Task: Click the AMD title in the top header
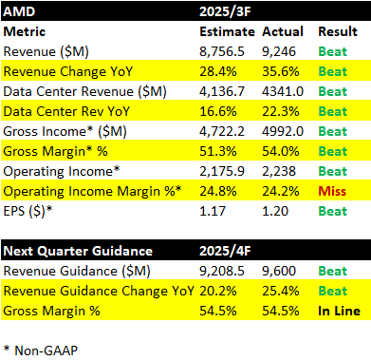click(x=19, y=11)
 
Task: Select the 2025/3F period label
click(x=225, y=11)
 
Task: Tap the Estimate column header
click(x=227, y=31)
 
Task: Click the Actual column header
click(x=283, y=31)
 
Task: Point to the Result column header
click(x=338, y=31)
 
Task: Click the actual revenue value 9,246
click(x=279, y=52)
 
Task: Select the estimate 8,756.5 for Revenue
click(x=222, y=52)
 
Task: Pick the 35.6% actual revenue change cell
click(x=281, y=71)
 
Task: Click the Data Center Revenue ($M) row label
click(x=84, y=92)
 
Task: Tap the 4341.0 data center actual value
click(x=283, y=92)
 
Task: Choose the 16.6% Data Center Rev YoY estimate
click(x=218, y=111)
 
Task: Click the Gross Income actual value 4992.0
click(x=283, y=131)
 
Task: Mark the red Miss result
click(x=332, y=191)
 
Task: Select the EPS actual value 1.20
click(x=275, y=211)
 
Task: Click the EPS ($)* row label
click(x=28, y=212)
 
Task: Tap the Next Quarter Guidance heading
click(x=78, y=251)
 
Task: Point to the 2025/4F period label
click(x=225, y=251)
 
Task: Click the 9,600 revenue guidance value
click(x=279, y=272)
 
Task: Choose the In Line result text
click(x=339, y=311)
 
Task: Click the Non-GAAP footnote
click(x=41, y=351)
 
